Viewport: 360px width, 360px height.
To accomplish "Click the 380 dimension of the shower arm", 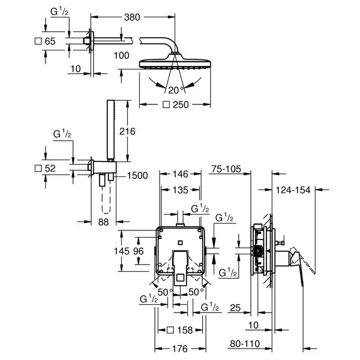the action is tap(132, 17).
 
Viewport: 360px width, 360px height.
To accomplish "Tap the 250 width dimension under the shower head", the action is tap(181, 104).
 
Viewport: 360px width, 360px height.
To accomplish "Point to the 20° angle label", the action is tap(176, 90).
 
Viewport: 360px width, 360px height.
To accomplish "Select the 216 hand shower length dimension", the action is tap(127, 131).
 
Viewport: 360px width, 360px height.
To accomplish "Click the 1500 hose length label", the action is tap(137, 176).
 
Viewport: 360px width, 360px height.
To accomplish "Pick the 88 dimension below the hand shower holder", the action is tap(103, 222).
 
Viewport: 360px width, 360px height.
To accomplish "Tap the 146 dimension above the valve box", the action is tap(181, 174).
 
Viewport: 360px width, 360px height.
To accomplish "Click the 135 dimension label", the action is tap(181, 190).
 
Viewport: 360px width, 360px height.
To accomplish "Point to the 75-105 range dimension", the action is tap(226, 169).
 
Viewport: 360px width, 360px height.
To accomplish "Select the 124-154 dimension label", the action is tap(293, 190).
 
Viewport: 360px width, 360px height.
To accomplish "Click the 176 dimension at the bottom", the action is tap(180, 349).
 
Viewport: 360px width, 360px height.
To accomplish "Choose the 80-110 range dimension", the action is tap(245, 344).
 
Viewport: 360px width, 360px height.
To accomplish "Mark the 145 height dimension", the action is tap(122, 251).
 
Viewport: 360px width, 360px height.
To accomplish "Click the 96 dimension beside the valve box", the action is tap(139, 251).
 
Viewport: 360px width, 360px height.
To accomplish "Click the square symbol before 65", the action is tap(38, 41).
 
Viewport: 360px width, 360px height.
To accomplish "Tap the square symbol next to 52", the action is tap(38, 168).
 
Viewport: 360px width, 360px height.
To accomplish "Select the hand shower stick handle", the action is tap(110, 129).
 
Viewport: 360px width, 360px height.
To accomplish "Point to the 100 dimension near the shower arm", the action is tap(122, 56).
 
